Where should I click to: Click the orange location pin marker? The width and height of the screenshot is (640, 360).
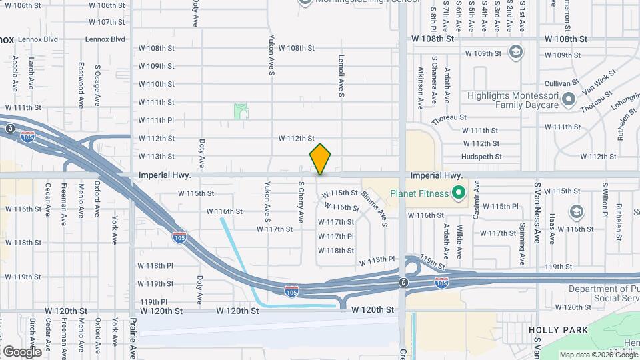click(320, 159)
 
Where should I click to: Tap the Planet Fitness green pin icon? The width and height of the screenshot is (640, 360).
click(458, 194)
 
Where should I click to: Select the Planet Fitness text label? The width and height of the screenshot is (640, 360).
click(417, 194)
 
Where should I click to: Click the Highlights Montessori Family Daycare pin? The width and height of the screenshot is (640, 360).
click(568, 100)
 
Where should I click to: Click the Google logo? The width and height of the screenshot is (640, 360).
click(22, 351)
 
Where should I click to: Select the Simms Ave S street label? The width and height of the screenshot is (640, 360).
click(375, 207)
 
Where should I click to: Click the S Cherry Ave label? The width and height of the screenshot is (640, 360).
click(301, 203)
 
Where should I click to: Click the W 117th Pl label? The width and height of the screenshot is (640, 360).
click(335, 236)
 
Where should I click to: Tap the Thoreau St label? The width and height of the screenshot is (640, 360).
click(449, 119)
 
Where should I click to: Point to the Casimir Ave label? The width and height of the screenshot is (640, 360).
click(477, 200)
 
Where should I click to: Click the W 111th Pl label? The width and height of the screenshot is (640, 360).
click(156, 120)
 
